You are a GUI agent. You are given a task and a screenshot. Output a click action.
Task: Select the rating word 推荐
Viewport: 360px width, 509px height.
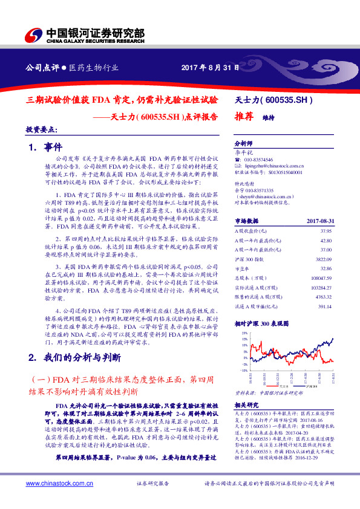(243, 118)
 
